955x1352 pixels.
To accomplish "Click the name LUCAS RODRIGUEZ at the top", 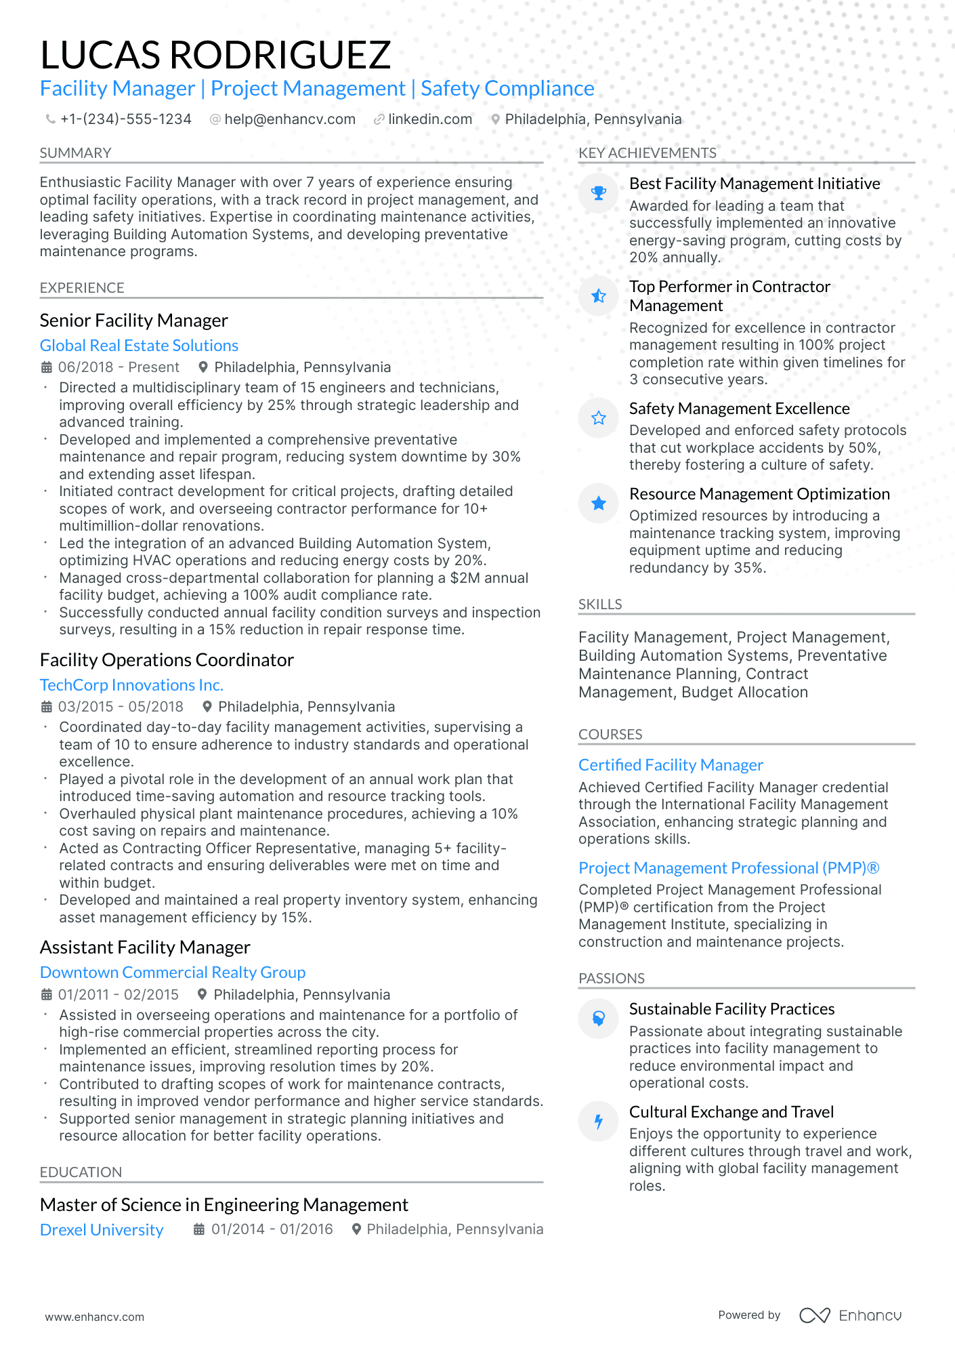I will tap(215, 55).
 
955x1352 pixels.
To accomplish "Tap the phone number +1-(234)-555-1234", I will tap(125, 119).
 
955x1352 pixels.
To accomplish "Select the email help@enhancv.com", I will tap(289, 119).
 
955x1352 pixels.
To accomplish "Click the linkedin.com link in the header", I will tap(429, 119).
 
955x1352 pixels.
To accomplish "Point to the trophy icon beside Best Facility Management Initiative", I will tap(598, 193).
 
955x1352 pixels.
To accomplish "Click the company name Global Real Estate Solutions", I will tap(139, 346).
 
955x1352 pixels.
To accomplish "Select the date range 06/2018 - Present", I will tap(119, 367).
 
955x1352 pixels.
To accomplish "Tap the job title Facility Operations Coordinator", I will tap(167, 660).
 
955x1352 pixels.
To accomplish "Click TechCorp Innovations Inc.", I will tap(131, 685).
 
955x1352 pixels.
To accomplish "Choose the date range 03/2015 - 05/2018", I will tap(121, 707).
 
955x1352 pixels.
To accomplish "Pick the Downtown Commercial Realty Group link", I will tap(173, 972).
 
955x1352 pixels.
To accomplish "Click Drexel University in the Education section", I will tap(102, 1230).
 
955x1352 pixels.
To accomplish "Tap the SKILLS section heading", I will tap(600, 605).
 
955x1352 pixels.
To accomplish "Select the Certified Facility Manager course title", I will tap(671, 765).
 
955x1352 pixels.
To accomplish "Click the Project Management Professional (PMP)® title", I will tap(729, 868).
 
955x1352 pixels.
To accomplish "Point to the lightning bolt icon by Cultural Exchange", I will tap(598, 1122).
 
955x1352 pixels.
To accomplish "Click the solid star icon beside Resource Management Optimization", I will tap(598, 504).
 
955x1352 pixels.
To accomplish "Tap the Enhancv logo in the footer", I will tap(851, 1315).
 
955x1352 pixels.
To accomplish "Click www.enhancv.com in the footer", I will tap(95, 1317).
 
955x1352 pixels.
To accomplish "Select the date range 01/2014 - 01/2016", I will tap(272, 1229).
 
